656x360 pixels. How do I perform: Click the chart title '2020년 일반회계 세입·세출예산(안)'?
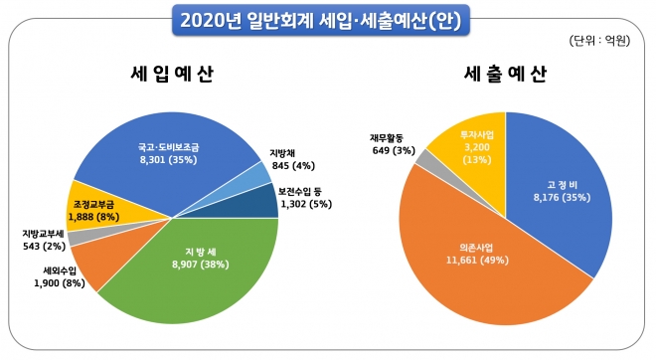(x=327, y=18)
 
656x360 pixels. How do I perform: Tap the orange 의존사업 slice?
(x=467, y=259)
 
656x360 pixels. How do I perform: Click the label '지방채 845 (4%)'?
(x=292, y=159)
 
